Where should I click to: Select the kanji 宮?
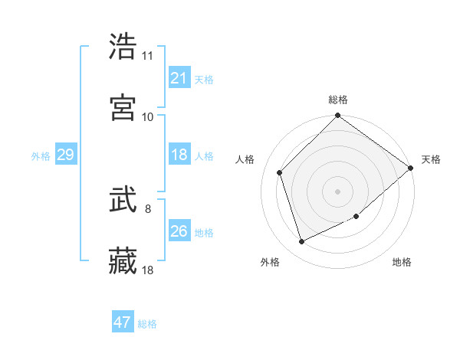click(x=123, y=107)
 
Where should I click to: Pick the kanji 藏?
click(x=123, y=261)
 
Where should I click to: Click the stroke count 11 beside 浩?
click(x=148, y=56)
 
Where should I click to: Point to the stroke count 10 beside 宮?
click(x=148, y=116)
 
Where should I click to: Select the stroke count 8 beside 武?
click(x=148, y=208)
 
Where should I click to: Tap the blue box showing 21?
click(x=179, y=77)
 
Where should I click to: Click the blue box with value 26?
click(x=179, y=231)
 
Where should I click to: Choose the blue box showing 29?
click(x=65, y=155)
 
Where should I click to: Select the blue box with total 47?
click(x=123, y=322)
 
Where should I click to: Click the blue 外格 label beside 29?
click(x=41, y=155)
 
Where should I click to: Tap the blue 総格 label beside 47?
click(x=147, y=323)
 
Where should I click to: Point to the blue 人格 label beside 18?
click(x=204, y=155)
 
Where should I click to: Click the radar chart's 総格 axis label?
click(x=338, y=100)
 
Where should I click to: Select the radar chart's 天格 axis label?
click(x=431, y=159)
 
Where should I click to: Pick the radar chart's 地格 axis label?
click(x=402, y=262)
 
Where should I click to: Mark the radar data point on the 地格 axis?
click(x=356, y=217)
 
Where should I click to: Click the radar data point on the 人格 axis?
click(x=280, y=172)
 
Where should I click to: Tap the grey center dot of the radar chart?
click(x=338, y=191)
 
